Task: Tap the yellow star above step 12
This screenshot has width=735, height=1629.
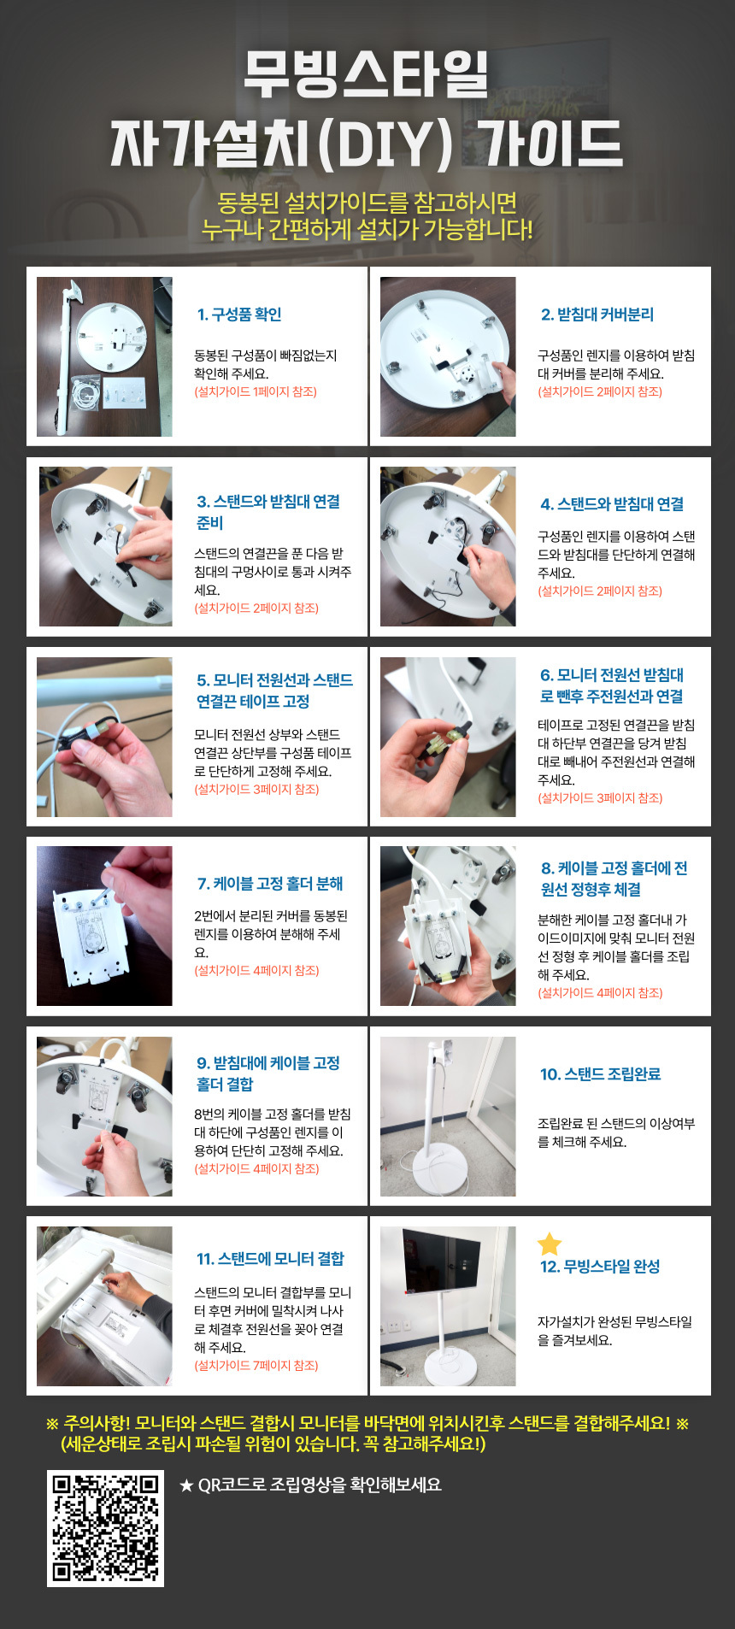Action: coord(550,1244)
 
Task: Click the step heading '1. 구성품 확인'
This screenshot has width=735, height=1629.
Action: coord(239,315)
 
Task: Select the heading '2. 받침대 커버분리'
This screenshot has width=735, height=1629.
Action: coord(597,315)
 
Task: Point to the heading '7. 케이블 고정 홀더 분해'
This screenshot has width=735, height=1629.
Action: coord(270,884)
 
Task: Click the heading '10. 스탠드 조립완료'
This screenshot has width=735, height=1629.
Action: coord(600,1074)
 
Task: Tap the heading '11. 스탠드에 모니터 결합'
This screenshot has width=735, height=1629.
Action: coord(270,1259)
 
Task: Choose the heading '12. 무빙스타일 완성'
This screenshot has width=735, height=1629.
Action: coord(600,1267)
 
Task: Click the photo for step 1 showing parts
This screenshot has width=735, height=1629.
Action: coord(104,356)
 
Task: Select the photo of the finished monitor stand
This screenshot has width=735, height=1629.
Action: coord(448,1306)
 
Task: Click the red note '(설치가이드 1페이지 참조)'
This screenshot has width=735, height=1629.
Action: coord(256,392)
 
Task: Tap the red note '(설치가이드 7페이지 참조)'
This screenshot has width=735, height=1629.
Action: coord(256,1366)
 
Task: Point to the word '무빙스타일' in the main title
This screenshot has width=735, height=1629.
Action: coord(367,74)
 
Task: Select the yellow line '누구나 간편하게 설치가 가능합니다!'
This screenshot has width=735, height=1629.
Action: coord(367,230)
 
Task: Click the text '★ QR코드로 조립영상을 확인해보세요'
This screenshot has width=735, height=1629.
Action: coord(310,1485)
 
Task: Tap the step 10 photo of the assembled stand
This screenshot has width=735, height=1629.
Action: coord(448,1116)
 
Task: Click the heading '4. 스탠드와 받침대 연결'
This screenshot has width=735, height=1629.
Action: coord(612,504)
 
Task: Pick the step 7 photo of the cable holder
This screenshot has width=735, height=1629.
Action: coord(104,926)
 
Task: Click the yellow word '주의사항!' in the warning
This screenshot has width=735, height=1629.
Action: coord(97,1424)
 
